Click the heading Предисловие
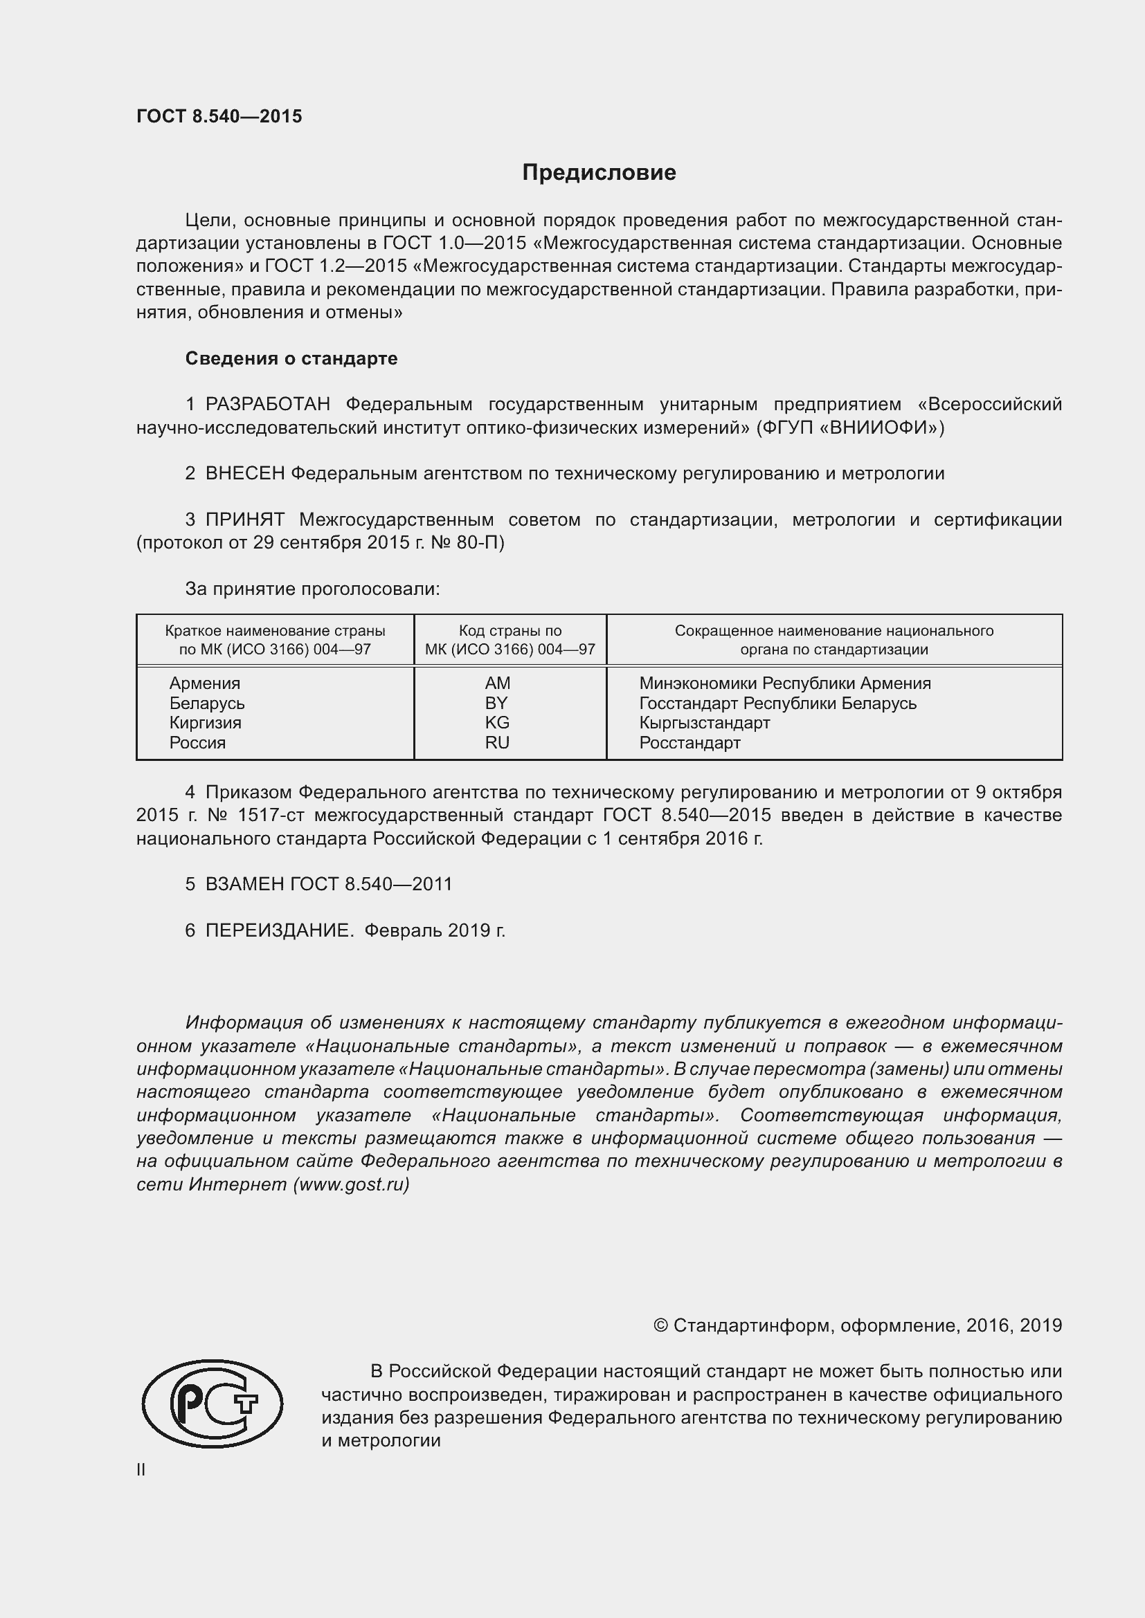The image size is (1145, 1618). click(599, 173)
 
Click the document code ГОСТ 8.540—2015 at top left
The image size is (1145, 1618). click(219, 117)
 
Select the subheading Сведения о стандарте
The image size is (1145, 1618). click(291, 359)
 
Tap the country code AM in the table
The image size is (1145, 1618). click(497, 683)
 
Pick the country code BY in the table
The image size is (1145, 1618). click(496, 703)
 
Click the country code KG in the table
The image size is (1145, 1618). click(497, 722)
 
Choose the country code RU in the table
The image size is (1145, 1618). click(497, 742)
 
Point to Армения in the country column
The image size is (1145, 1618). click(204, 683)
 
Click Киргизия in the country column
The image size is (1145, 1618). click(205, 722)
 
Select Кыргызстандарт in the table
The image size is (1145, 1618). click(704, 722)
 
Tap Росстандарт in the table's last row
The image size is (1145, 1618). click(689, 742)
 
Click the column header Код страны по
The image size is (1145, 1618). click(510, 631)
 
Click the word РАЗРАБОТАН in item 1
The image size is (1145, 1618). click(267, 405)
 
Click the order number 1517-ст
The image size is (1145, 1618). click(270, 816)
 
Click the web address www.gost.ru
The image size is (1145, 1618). click(351, 1184)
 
